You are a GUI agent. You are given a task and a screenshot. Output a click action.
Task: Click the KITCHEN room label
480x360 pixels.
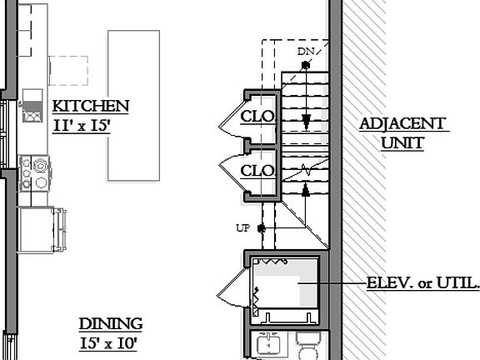[90, 107]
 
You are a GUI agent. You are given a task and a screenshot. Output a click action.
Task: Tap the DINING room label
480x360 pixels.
[110, 324]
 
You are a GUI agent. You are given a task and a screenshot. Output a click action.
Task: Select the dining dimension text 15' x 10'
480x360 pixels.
[108, 342]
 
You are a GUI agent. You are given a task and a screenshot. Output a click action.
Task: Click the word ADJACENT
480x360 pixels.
[403, 124]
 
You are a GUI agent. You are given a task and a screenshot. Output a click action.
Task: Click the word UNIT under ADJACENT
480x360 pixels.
[402, 143]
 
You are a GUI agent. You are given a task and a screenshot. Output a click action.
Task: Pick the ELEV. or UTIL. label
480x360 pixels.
[423, 284]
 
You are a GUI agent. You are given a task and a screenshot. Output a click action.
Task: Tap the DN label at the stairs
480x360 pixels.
[306, 52]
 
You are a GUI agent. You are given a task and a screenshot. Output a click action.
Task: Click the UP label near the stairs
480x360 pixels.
[243, 227]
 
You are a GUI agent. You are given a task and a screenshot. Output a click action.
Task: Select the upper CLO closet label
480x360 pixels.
[257, 117]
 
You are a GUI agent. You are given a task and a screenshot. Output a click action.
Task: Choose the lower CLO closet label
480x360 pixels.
[257, 171]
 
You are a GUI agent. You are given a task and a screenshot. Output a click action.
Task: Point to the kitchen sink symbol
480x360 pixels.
[33, 111]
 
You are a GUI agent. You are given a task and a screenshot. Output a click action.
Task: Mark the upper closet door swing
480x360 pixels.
[231, 126]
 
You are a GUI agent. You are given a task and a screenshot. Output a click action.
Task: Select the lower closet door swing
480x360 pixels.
[231, 172]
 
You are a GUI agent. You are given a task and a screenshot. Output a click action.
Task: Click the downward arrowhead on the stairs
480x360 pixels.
[307, 123]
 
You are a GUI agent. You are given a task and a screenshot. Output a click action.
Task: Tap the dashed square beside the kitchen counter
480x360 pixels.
[68, 71]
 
